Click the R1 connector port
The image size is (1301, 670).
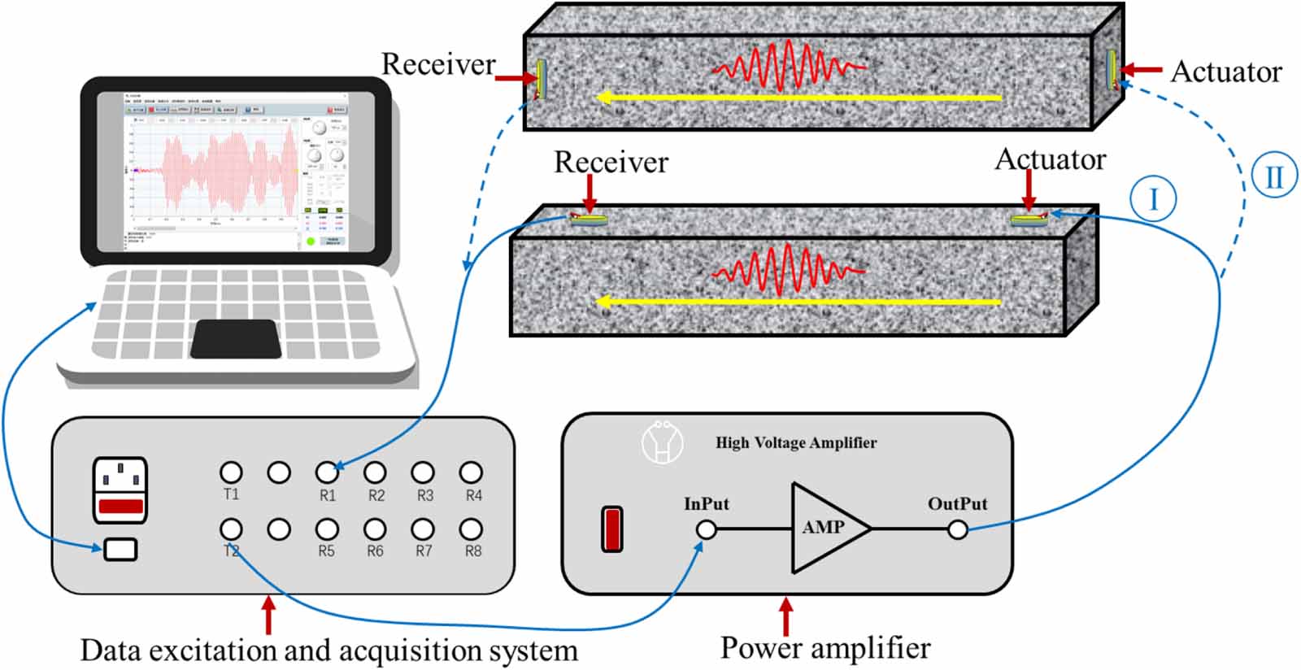tap(327, 472)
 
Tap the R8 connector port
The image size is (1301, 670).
tap(471, 529)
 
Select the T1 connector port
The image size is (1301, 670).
tap(231, 472)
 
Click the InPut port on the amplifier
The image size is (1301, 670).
tap(707, 530)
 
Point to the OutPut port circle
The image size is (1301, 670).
tap(958, 530)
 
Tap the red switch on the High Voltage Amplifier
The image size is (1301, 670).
tap(612, 529)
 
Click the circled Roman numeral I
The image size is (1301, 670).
tap(1153, 198)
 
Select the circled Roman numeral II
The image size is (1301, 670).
tap(1273, 176)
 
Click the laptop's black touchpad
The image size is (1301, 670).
tap(236, 338)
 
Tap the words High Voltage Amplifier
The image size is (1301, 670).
tap(795, 443)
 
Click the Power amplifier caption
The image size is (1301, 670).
tap(825, 648)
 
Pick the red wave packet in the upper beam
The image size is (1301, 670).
tap(787, 66)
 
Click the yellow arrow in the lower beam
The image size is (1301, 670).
tap(800, 302)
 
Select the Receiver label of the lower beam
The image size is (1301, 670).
tap(611, 163)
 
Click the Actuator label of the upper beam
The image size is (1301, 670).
tap(1226, 72)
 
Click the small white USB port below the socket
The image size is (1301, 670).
tap(120, 550)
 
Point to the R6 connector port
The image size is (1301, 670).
tap(375, 529)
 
